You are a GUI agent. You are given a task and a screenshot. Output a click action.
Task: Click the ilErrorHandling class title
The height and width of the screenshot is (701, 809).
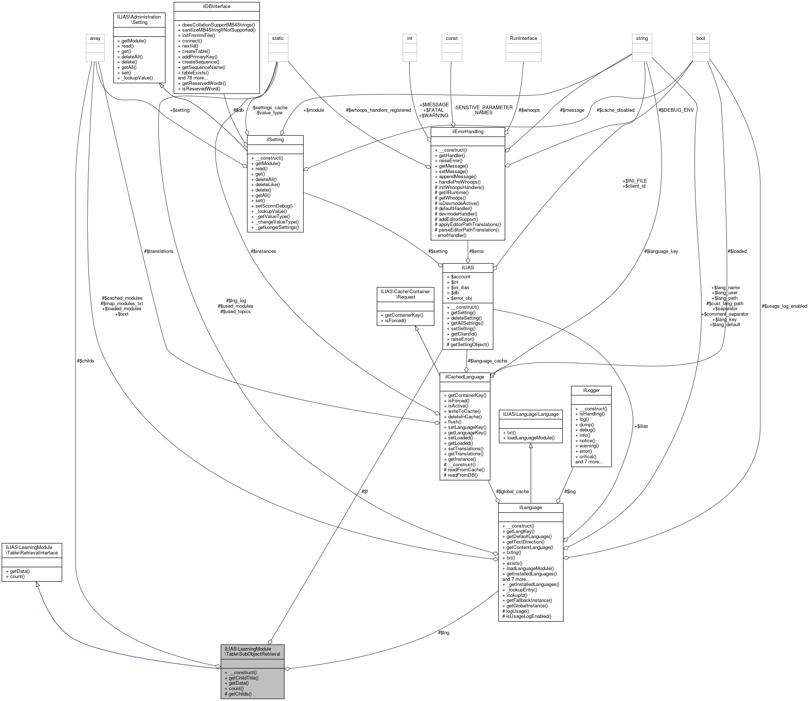point(467,131)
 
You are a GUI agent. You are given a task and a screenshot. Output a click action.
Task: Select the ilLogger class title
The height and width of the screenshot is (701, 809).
point(591,390)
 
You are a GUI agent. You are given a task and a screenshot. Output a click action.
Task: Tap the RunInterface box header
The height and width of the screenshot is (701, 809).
point(523,38)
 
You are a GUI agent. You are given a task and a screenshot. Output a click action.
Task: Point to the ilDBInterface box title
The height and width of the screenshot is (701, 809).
point(216,6)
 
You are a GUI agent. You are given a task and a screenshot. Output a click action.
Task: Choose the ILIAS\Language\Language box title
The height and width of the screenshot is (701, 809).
point(531,414)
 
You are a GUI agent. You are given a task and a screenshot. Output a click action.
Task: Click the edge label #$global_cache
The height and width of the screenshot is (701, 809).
point(512,491)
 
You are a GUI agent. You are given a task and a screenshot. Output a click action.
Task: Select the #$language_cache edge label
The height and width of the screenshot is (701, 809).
point(487,361)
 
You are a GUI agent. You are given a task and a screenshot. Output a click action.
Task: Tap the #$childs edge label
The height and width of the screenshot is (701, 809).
point(86,361)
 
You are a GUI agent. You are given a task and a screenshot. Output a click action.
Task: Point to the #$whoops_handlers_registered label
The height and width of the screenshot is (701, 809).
point(378,110)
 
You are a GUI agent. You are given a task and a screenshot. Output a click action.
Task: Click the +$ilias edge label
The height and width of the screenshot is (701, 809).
point(641,426)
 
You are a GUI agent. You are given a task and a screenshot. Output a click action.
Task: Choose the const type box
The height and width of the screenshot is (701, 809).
point(452,38)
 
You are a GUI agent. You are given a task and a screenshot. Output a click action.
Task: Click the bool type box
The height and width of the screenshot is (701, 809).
point(700,38)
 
